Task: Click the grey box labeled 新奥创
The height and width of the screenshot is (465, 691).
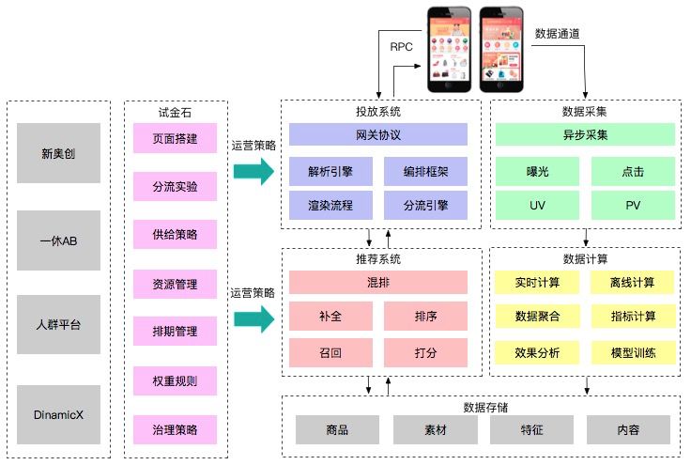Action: (59, 153)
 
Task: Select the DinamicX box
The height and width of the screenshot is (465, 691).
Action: (59, 413)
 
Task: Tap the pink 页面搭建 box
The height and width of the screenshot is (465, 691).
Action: (175, 138)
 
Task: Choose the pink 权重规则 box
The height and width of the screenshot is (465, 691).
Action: (175, 381)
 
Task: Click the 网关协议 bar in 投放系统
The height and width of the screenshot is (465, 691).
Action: (378, 135)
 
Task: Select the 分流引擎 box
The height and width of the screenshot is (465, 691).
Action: (425, 205)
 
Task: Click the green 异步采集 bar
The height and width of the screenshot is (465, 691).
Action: (585, 135)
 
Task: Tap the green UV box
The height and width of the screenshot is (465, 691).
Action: (538, 205)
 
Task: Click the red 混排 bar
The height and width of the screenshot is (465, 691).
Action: (378, 282)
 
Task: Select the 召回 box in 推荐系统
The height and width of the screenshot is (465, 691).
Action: (330, 352)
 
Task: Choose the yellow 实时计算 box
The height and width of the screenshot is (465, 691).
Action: (538, 282)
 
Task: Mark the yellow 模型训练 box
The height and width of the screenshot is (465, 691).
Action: (633, 352)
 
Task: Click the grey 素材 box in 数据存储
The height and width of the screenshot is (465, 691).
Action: (435, 429)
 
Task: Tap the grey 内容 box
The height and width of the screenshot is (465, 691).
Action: (628, 429)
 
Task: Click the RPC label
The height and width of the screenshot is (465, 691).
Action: (402, 45)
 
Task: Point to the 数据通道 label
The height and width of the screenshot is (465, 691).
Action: (557, 33)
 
